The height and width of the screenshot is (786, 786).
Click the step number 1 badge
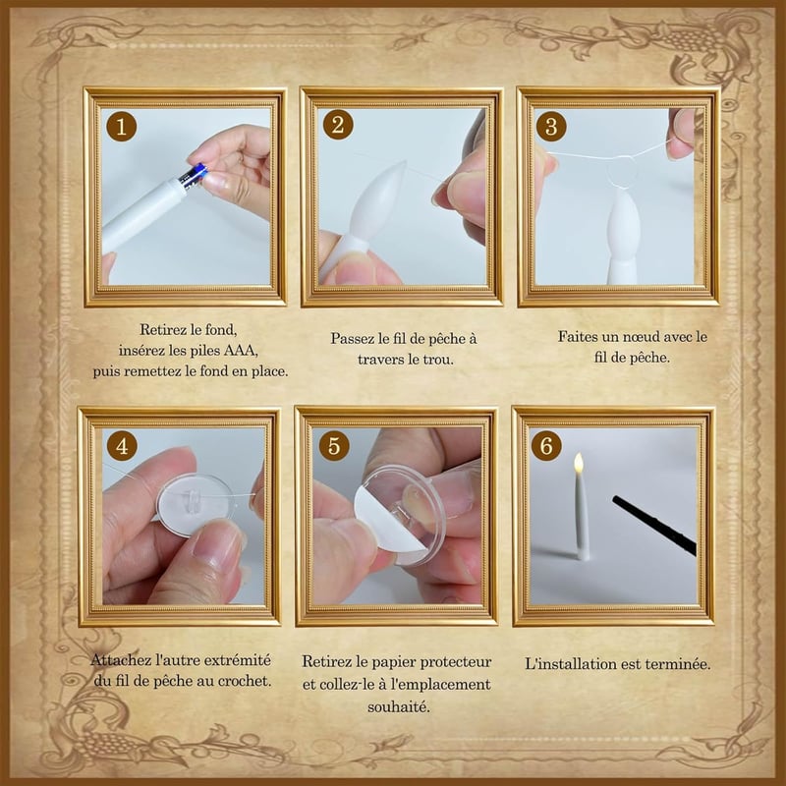121,126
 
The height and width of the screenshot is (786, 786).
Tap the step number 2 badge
338,125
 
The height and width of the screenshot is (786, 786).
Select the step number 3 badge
551,126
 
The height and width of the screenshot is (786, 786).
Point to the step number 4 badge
122,445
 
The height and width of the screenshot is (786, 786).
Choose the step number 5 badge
334,445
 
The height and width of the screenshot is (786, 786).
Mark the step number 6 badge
546,445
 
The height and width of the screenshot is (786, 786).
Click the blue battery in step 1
194,176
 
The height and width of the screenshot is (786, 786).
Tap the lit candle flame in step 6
579,463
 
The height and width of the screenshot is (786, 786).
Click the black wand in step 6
654,526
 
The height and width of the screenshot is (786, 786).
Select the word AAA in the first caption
241,350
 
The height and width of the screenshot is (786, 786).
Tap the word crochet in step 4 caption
245,681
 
